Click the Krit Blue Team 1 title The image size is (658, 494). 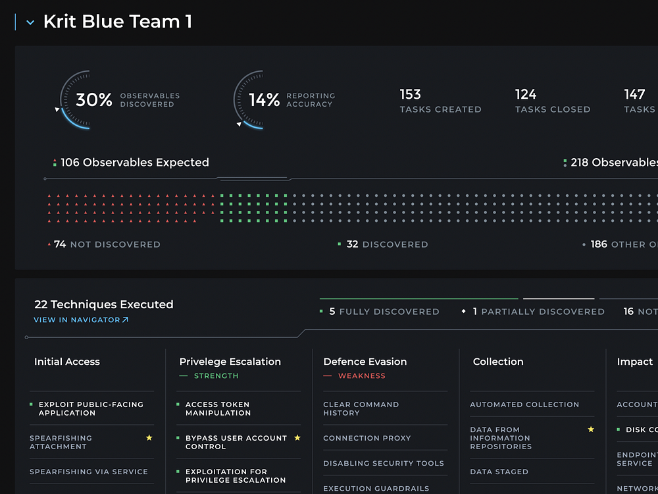pyautogui.click(x=117, y=22)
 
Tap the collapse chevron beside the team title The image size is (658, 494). pyautogui.click(x=30, y=22)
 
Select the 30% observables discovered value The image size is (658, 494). pyautogui.click(x=94, y=100)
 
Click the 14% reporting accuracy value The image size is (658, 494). pyautogui.click(x=265, y=100)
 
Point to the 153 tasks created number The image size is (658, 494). pyautogui.click(x=411, y=94)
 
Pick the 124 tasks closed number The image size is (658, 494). pyautogui.click(x=526, y=94)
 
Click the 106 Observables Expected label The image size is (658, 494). pyautogui.click(x=134, y=163)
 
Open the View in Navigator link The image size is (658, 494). pyautogui.click(x=81, y=320)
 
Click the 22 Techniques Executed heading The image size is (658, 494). pyautogui.click(x=104, y=304)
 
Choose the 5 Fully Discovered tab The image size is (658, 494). pyautogui.click(x=384, y=312)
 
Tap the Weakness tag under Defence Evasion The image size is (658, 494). pyautogui.click(x=361, y=376)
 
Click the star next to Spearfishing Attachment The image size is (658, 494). pyautogui.click(x=149, y=437)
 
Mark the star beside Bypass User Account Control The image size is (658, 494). pyautogui.click(x=297, y=437)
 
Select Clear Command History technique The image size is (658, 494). pyautogui.click(x=361, y=408)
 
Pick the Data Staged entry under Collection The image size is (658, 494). pyautogui.click(x=499, y=472)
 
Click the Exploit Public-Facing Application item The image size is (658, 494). pyautogui.click(x=91, y=408)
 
